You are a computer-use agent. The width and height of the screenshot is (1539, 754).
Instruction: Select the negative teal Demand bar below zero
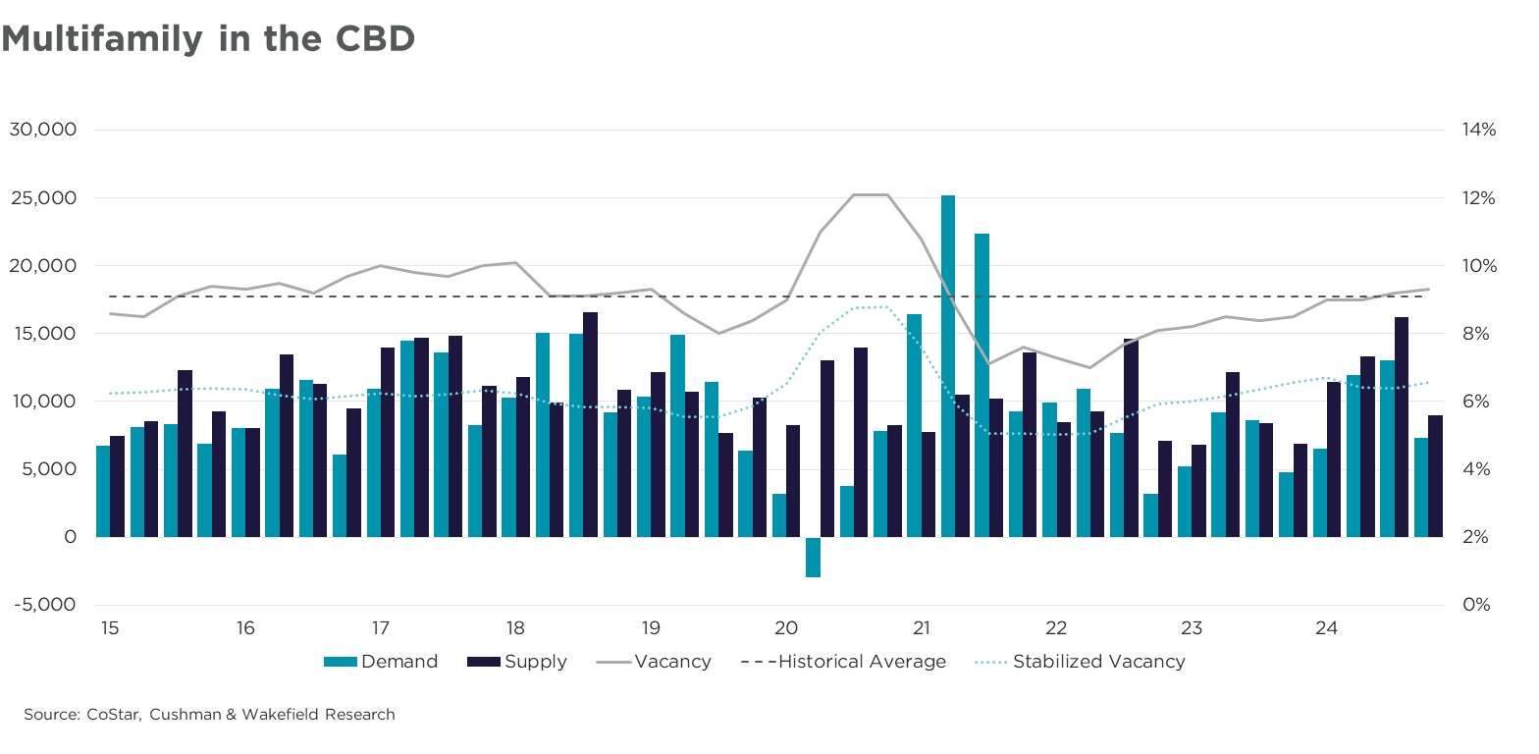click(813, 557)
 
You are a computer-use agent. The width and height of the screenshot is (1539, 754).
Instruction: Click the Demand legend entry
click(383, 662)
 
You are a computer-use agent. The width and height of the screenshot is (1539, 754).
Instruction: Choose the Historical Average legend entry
click(845, 662)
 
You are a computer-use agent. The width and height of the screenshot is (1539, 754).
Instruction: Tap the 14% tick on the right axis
click(1479, 130)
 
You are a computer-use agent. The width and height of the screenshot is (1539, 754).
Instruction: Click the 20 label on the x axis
click(785, 628)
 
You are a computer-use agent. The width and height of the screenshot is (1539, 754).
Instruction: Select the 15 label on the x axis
click(110, 628)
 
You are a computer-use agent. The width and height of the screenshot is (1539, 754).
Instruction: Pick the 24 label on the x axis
click(1326, 628)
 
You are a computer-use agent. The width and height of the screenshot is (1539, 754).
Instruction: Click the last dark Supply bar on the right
click(1435, 476)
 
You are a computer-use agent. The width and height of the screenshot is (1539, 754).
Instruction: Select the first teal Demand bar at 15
click(103, 491)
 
